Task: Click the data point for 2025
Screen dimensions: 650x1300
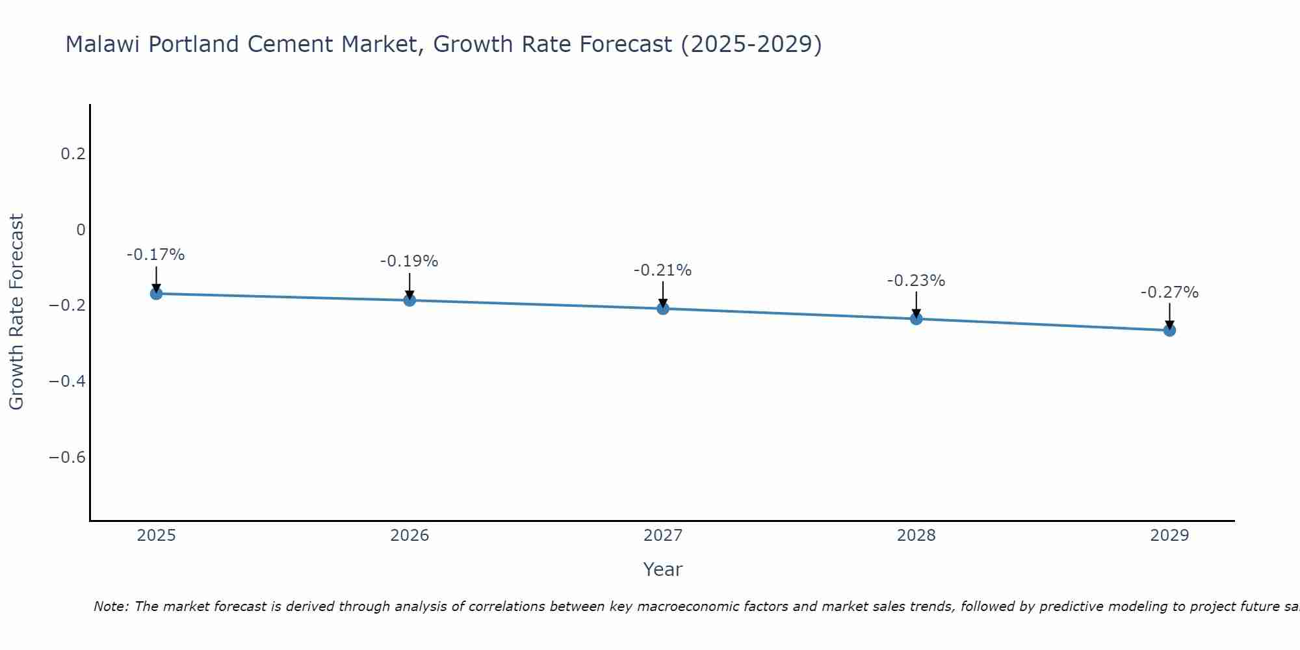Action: [156, 294]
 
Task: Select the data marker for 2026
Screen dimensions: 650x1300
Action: [409, 300]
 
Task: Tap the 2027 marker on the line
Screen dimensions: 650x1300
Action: [663, 309]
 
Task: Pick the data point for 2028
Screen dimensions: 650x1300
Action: [916, 318]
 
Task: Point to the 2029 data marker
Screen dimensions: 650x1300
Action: [1169, 330]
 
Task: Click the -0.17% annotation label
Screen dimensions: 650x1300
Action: [156, 255]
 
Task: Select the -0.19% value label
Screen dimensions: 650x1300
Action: [409, 261]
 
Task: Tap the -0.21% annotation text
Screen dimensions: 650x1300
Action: [663, 270]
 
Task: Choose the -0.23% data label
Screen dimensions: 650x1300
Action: [916, 281]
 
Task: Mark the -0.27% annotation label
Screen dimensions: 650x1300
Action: [1169, 292]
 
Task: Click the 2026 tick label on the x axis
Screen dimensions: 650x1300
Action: [409, 536]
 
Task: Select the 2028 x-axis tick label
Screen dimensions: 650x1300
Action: [916, 536]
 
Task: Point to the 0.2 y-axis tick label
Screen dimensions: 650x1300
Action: [73, 154]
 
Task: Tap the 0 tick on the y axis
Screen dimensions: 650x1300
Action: [81, 229]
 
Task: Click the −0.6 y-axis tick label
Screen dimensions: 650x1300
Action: [67, 458]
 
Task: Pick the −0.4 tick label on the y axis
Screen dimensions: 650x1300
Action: [67, 382]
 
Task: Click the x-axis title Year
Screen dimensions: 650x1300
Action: [663, 570]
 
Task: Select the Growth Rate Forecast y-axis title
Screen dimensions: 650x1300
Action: [16, 312]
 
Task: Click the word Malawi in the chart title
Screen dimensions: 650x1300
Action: [104, 45]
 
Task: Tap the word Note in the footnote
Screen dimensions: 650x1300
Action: [110, 607]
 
